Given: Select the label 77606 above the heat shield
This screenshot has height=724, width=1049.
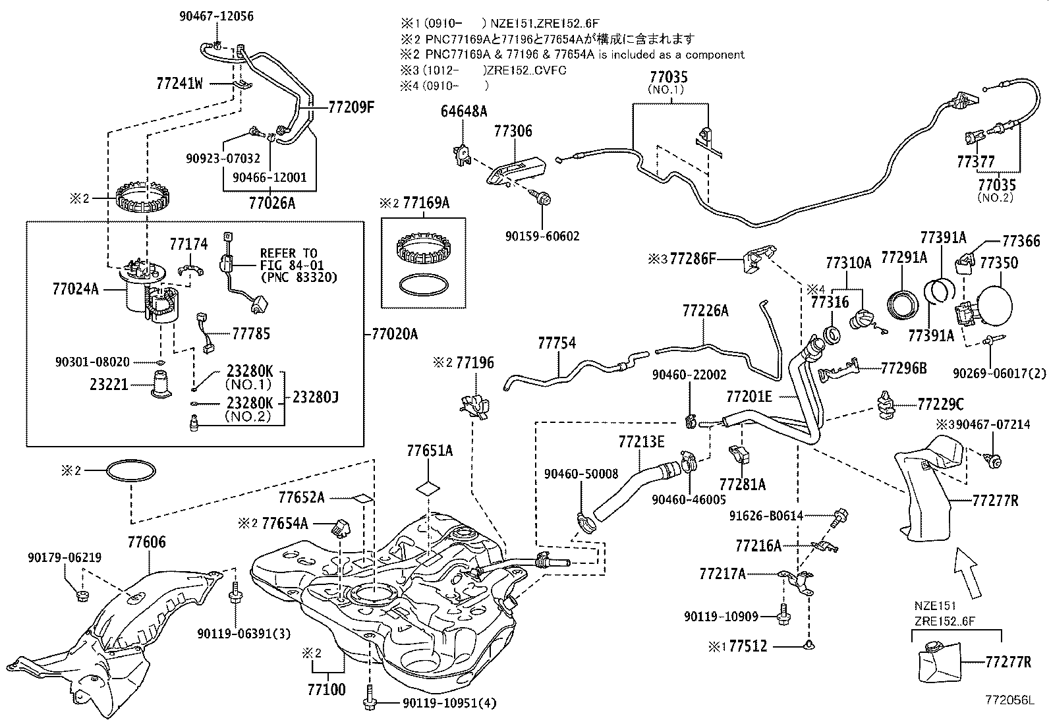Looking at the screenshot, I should [146, 543].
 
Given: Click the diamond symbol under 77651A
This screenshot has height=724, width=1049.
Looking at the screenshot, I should [429, 488].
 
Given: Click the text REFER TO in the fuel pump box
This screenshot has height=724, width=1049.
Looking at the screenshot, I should [289, 254].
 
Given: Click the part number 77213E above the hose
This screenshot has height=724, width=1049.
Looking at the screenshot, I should [641, 441].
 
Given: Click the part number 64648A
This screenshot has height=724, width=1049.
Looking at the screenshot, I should [464, 112].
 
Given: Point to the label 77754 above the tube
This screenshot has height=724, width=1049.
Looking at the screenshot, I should [556, 343].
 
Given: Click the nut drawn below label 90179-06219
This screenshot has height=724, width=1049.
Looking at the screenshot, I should [82, 597].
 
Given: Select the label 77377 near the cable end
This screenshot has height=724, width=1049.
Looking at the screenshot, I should [976, 162].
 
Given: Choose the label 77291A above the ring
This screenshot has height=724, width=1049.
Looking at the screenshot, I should [904, 257].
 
